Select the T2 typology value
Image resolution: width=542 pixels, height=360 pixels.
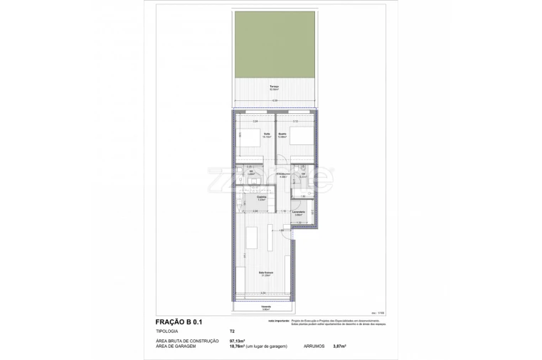point(232,332)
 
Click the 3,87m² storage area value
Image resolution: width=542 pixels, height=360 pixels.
point(339,346)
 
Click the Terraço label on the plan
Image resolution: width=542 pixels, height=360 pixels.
point(274,87)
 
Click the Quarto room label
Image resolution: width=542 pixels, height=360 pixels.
point(282,133)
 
